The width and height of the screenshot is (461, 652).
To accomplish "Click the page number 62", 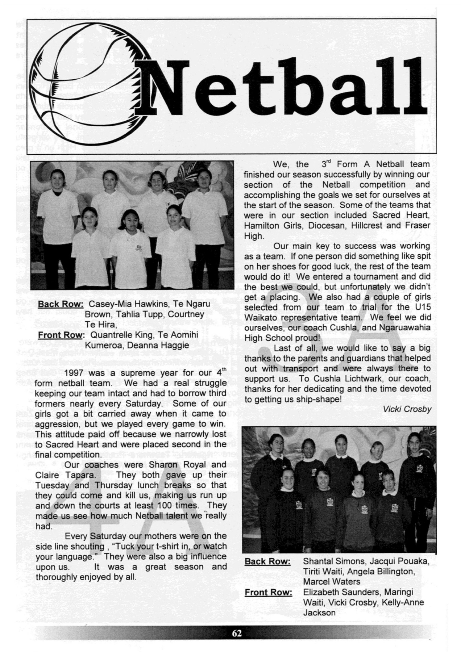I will click(x=237, y=634).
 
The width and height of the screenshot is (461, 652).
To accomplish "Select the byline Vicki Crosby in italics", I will click(x=407, y=409).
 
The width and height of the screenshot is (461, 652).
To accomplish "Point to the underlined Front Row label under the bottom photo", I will click(x=268, y=592).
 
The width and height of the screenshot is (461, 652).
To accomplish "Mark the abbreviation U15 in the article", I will click(x=421, y=307).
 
